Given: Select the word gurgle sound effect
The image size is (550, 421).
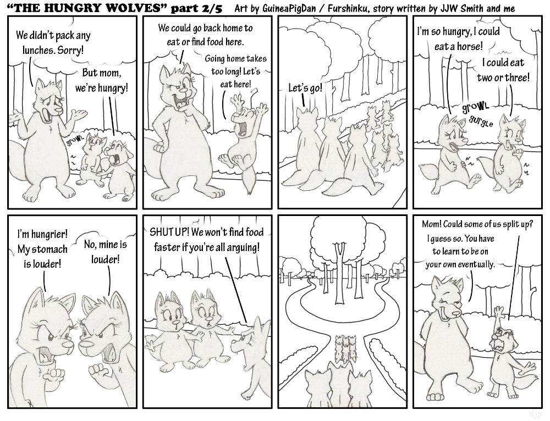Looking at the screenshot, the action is click(481, 121).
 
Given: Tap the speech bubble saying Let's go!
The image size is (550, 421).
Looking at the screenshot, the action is click(305, 88).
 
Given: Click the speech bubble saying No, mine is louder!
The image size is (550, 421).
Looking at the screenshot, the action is click(106, 252).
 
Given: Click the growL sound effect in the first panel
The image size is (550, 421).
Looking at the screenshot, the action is click(75, 141).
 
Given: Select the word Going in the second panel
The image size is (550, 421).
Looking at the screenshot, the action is click(215, 59).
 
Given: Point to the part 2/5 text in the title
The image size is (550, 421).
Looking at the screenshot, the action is click(196, 8).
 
